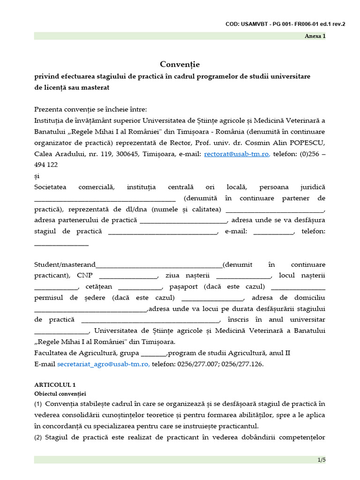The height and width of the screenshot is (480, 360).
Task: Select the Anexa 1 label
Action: [x=315, y=36]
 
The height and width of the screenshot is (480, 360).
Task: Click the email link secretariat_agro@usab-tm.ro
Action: [x=103, y=364]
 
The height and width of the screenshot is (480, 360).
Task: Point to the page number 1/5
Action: [x=321, y=460]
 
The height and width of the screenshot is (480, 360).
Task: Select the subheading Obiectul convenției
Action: [x=60, y=393]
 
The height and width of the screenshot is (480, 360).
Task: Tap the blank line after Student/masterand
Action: [x=159, y=265]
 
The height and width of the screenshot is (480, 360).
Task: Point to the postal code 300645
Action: [x=126, y=154]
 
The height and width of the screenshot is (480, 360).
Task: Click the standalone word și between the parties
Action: [x=37, y=176]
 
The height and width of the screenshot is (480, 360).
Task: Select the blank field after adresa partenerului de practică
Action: [x=183, y=221]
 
